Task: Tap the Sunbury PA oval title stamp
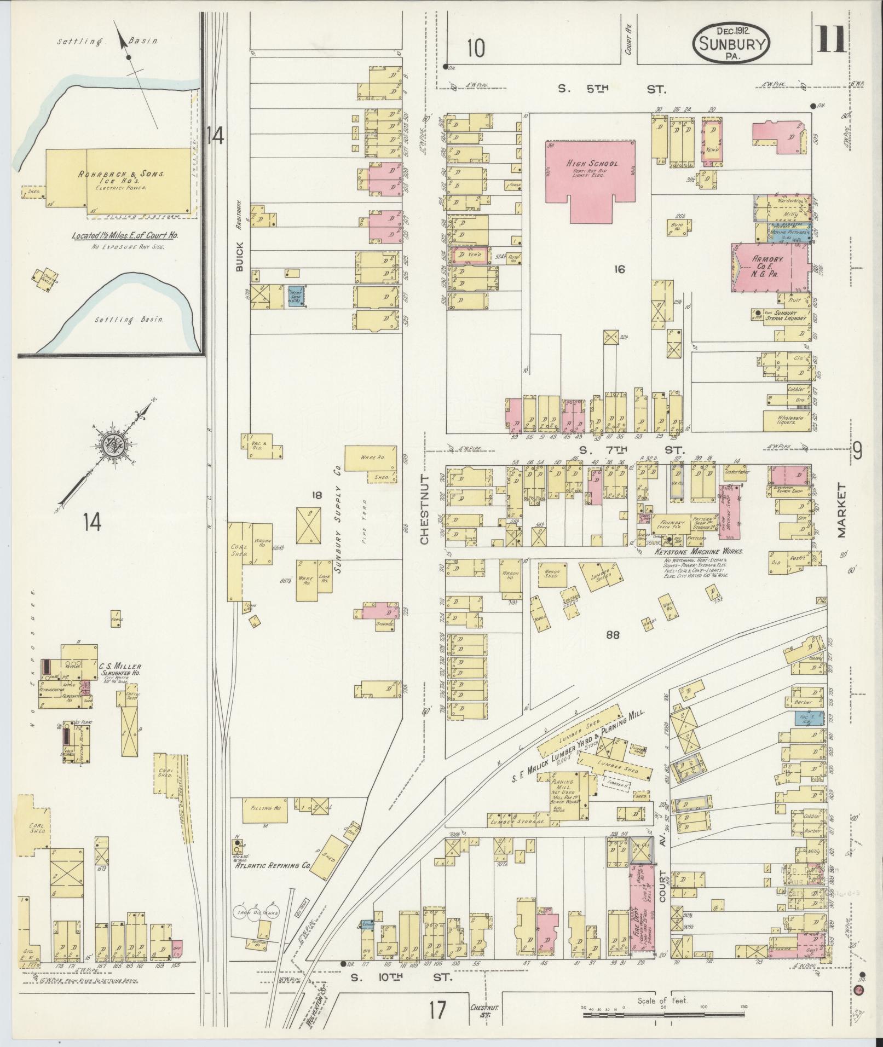731,44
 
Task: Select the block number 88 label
612,635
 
